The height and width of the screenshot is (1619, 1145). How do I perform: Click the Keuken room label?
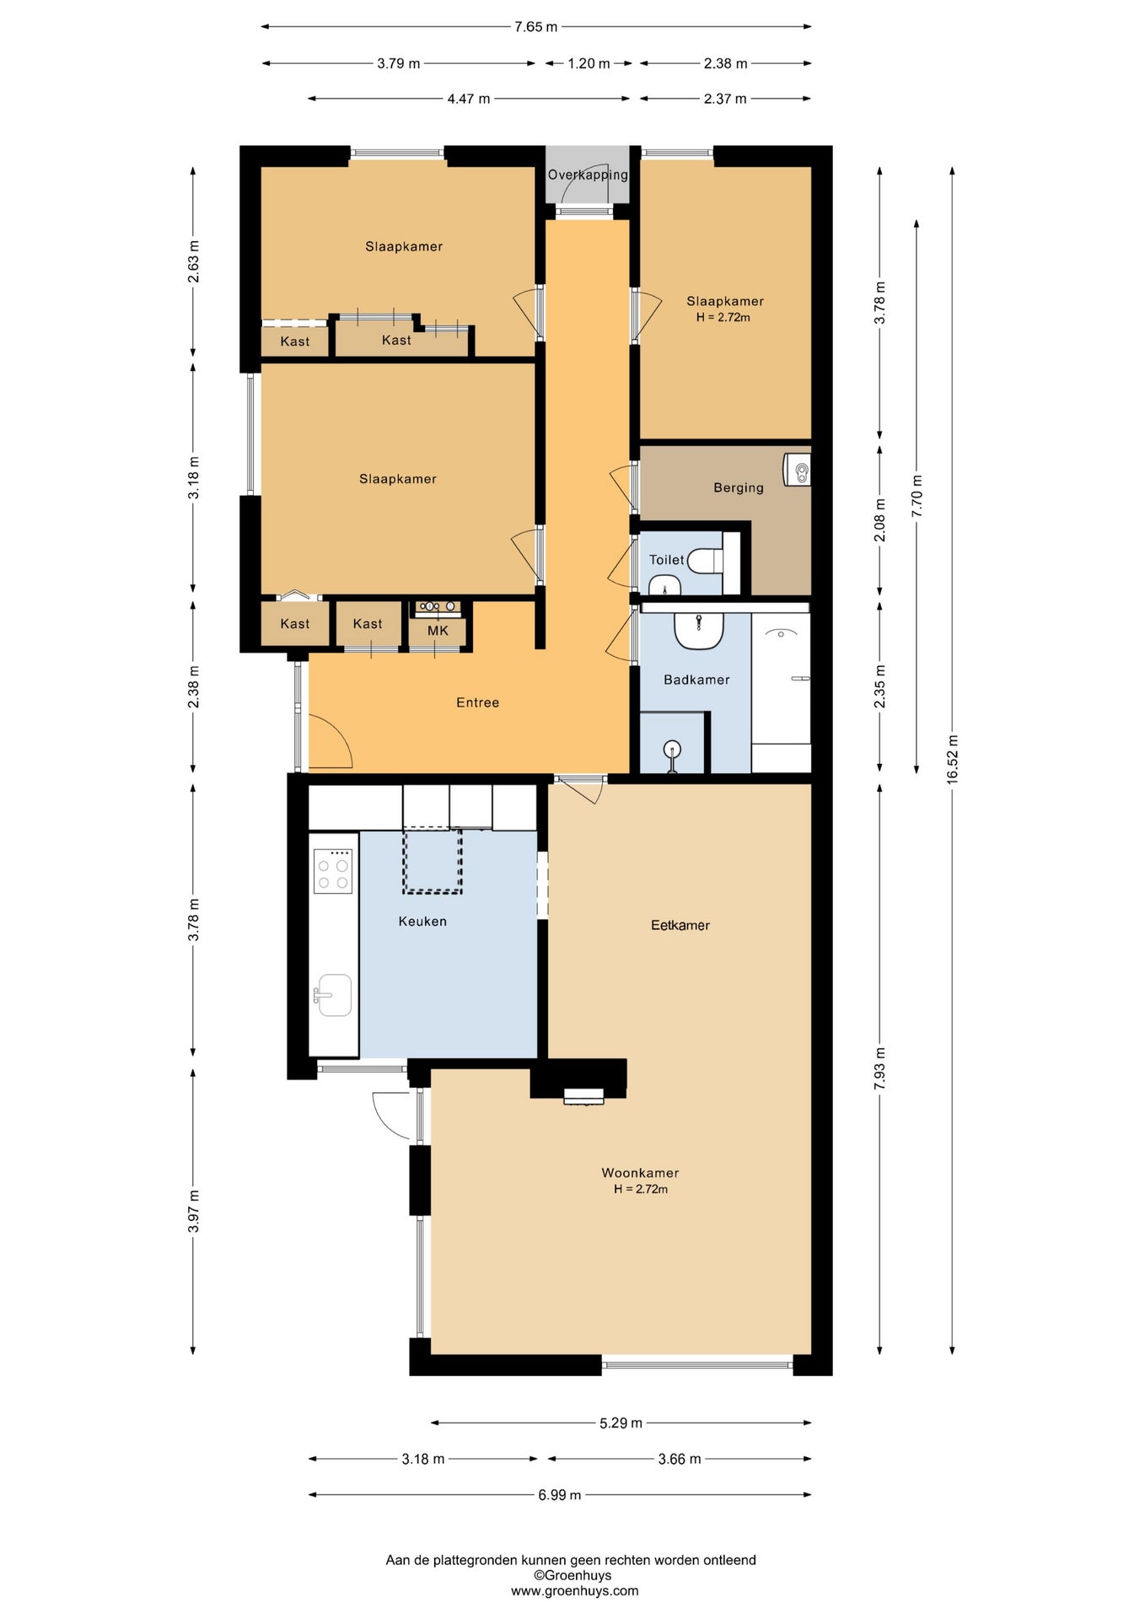coord(422,922)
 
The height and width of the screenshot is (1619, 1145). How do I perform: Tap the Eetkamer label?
coord(680,925)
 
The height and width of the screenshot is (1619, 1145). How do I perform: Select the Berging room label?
coord(739,487)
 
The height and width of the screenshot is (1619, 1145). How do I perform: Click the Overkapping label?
coord(588,175)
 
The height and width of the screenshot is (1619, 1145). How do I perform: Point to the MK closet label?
coord(438,631)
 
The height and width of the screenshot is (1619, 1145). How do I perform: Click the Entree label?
coord(478,702)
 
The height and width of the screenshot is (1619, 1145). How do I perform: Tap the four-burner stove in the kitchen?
coord(333,870)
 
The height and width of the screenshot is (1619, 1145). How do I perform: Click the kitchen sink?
coord(334,995)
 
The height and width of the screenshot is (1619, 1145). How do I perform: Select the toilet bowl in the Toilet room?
coord(706,560)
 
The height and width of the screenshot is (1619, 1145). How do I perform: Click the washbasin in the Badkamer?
coord(699,631)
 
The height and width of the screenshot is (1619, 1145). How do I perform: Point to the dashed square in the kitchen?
coord(433,860)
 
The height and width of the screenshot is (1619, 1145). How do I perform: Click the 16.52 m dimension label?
coord(953,760)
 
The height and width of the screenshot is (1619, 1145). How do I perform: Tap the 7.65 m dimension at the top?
coord(536,27)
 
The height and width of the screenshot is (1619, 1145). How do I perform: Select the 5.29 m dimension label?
coord(621,1423)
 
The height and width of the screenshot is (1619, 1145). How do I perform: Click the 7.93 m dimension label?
coord(880,1068)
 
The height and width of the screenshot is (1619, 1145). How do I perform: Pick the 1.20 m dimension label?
coord(589,63)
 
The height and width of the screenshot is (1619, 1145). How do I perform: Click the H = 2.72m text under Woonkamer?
coord(641,1189)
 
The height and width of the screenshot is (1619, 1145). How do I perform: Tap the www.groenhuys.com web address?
coord(574,1591)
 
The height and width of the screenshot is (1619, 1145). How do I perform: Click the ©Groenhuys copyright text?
coord(572,1575)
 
